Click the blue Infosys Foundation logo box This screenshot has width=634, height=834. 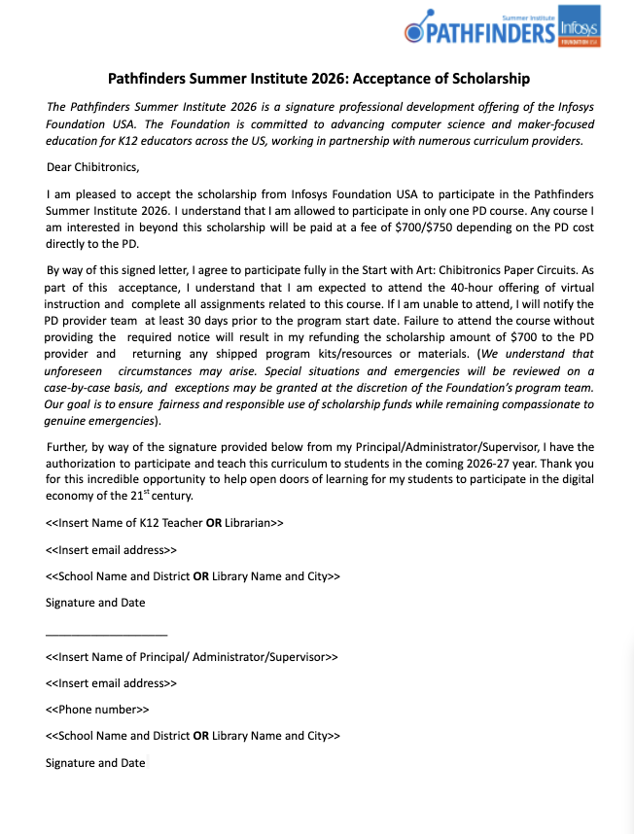click(581, 26)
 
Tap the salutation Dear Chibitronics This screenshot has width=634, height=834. click(93, 167)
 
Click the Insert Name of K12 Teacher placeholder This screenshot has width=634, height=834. click(164, 522)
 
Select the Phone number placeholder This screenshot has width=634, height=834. click(97, 710)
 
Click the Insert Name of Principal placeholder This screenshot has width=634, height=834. click(192, 657)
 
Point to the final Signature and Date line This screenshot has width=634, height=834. click(95, 763)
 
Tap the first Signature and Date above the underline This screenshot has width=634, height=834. click(95, 603)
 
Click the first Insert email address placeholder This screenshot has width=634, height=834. click(111, 549)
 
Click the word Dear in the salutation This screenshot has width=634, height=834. click(59, 167)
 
